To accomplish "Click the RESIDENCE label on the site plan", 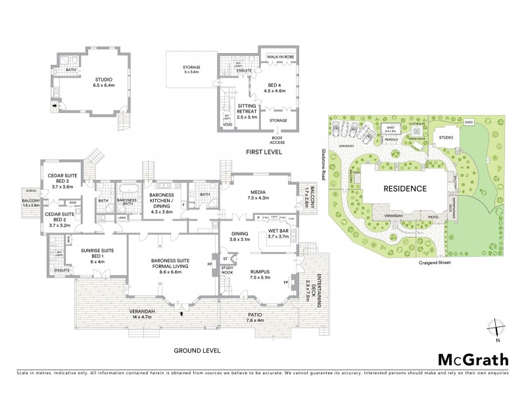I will point(404,188).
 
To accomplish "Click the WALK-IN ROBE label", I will point(279,58).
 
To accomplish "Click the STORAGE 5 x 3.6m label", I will point(191,70).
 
